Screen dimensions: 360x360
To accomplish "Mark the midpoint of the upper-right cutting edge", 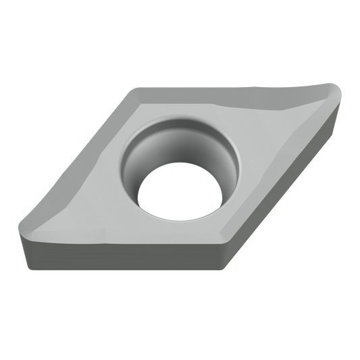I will (x=236, y=91).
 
